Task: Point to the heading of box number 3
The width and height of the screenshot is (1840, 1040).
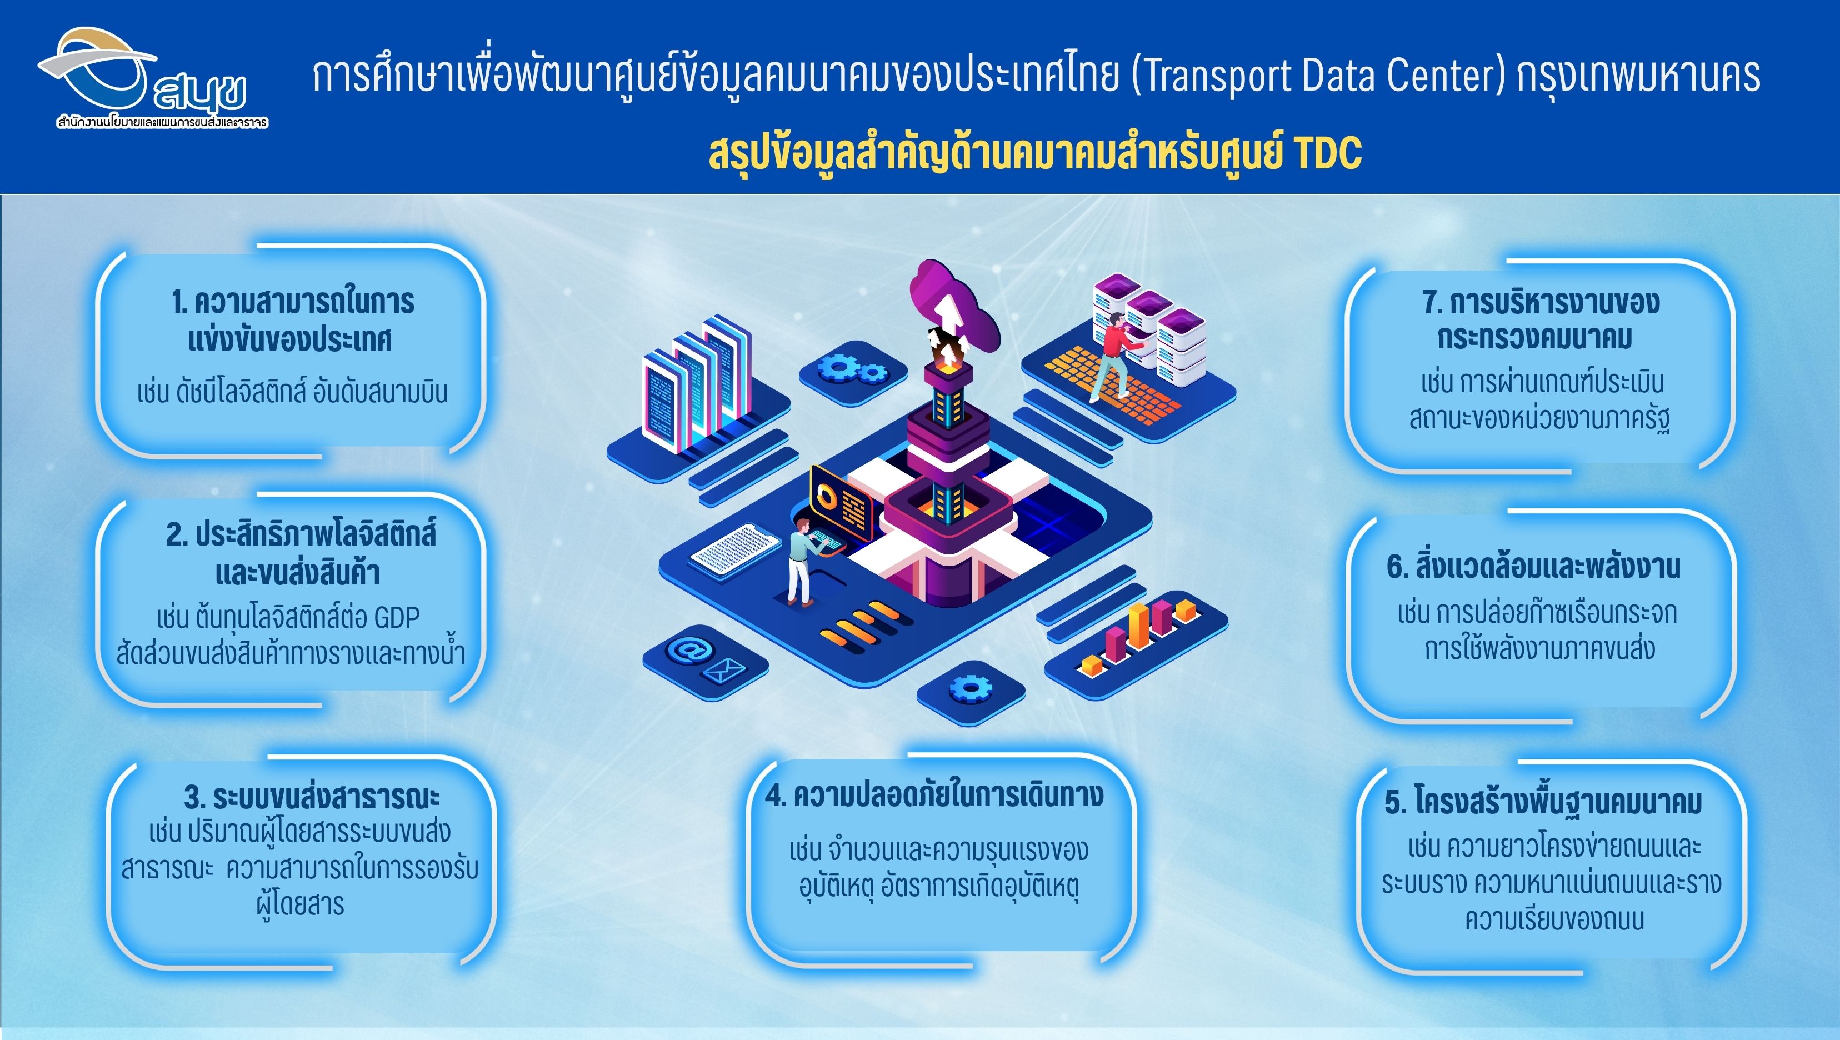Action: pyautogui.click(x=312, y=797)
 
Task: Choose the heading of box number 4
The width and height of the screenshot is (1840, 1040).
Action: pyautogui.click(x=934, y=795)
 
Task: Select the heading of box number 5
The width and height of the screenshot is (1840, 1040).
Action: pyautogui.click(x=1543, y=802)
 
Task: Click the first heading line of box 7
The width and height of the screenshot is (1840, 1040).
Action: pyautogui.click(x=1541, y=302)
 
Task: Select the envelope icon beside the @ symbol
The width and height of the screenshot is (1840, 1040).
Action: pyautogui.click(x=724, y=671)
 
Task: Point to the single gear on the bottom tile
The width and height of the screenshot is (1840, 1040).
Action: pyautogui.click(x=969, y=688)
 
